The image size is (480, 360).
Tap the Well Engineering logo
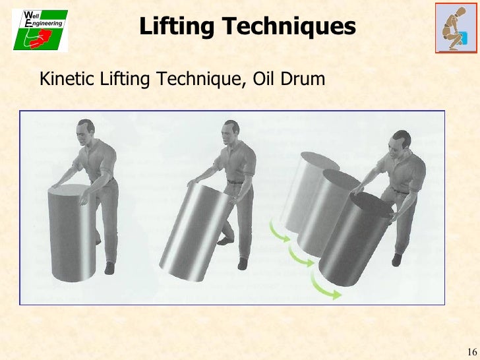40,30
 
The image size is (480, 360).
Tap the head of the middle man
231,134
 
